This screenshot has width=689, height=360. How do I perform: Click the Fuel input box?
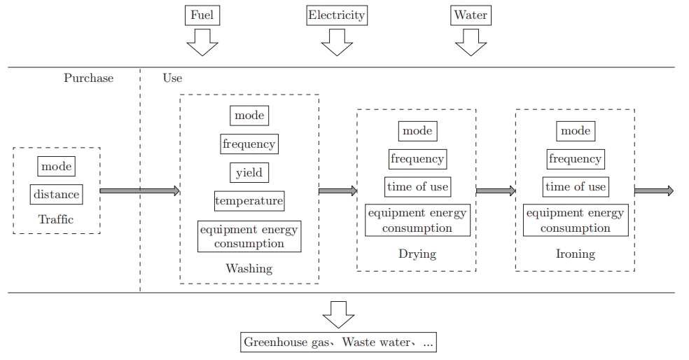(x=202, y=15)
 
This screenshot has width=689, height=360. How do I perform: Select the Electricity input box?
(x=337, y=15)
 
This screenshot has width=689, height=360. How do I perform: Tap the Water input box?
(x=471, y=15)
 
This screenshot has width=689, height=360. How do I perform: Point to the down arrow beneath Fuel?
(x=202, y=43)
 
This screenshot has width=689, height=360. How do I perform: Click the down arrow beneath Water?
(x=471, y=43)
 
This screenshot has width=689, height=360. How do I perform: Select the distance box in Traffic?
(x=57, y=195)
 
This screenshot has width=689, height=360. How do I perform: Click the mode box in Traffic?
(x=57, y=166)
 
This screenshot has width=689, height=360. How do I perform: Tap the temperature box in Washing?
(x=249, y=201)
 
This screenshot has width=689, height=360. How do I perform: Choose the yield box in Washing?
(x=249, y=172)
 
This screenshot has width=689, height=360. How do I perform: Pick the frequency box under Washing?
(x=249, y=144)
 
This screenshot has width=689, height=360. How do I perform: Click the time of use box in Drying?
(x=417, y=187)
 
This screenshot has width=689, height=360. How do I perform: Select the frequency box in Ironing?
(x=575, y=159)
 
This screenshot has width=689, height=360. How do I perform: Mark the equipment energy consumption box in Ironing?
(x=575, y=221)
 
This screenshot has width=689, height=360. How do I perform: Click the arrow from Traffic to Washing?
(x=140, y=191)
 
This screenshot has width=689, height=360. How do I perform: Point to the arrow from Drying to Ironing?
(x=496, y=191)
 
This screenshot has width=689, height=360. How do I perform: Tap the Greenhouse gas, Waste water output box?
(x=337, y=342)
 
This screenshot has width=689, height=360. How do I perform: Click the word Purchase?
(x=88, y=78)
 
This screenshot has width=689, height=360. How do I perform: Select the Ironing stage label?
(x=575, y=254)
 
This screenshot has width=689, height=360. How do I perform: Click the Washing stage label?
(x=249, y=268)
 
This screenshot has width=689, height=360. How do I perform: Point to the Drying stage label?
(x=417, y=253)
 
